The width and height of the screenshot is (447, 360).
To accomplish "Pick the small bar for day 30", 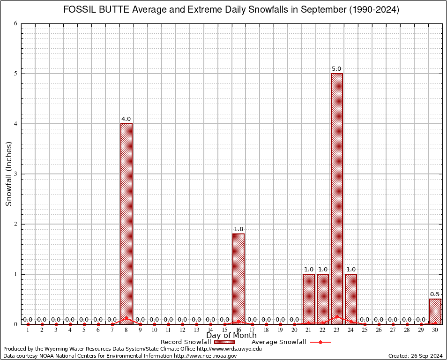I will [435, 311].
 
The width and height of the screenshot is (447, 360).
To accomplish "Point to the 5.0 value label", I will [336, 69].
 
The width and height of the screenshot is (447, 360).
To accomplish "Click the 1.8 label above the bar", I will [238, 229].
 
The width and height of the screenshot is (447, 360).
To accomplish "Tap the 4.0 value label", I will [126, 119].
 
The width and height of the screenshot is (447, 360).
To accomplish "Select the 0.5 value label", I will [435, 294].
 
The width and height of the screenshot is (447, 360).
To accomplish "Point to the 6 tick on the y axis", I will [16, 23].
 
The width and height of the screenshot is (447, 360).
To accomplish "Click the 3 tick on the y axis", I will [16, 174].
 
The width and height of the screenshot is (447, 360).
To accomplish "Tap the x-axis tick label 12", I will [182, 330].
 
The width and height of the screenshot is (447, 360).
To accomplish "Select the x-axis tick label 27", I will [393, 330].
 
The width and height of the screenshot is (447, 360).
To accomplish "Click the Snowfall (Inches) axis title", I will [8, 174].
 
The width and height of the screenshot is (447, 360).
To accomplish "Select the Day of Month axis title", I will [231, 336].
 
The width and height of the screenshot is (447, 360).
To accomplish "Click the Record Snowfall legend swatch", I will [225, 342].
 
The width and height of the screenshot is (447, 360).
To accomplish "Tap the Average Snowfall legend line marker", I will [320, 342].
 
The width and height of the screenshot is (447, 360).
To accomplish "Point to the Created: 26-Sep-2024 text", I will [415, 356].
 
